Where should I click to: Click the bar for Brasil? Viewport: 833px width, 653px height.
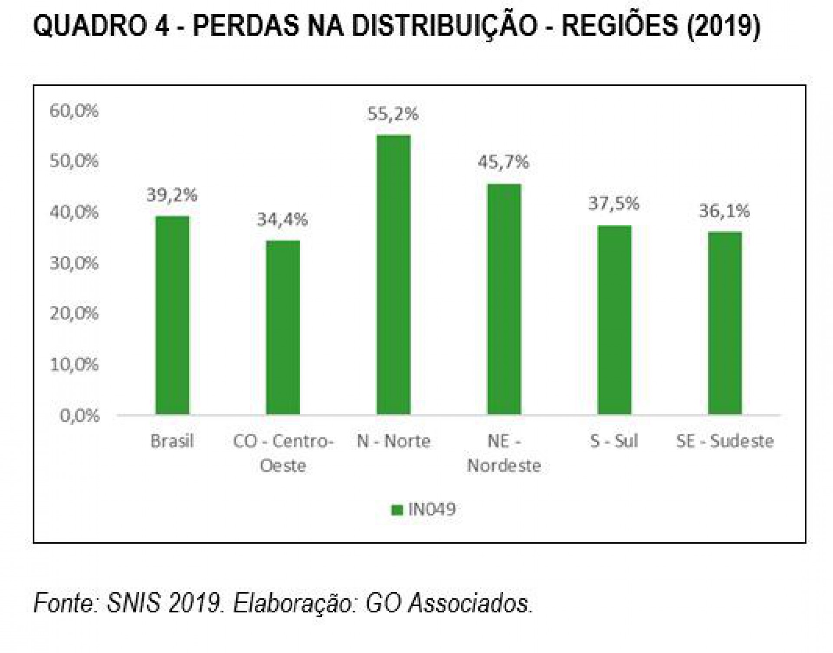(172, 315)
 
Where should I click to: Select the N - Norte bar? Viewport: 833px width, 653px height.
(393, 275)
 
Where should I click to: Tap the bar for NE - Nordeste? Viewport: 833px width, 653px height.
(504, 299)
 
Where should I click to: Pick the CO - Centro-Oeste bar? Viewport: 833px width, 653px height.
(283, 327)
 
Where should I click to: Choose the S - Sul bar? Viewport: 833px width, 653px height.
(614, 320)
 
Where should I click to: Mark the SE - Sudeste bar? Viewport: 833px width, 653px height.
(725, 323)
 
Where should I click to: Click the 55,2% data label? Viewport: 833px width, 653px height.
(393, 114)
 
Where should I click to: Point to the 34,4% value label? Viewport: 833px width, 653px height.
(282, 220)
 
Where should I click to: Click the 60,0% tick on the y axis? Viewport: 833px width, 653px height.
(74, 111)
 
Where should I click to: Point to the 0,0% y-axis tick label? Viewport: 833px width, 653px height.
(79, 415)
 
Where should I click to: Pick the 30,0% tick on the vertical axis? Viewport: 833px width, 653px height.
(74, 263)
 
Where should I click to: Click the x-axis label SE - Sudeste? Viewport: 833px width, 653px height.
(725, 441)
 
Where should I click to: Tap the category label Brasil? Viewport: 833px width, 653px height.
(172, 441)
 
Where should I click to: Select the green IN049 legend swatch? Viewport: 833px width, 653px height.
(397, 509)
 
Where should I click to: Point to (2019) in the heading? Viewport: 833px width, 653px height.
(723, 26)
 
